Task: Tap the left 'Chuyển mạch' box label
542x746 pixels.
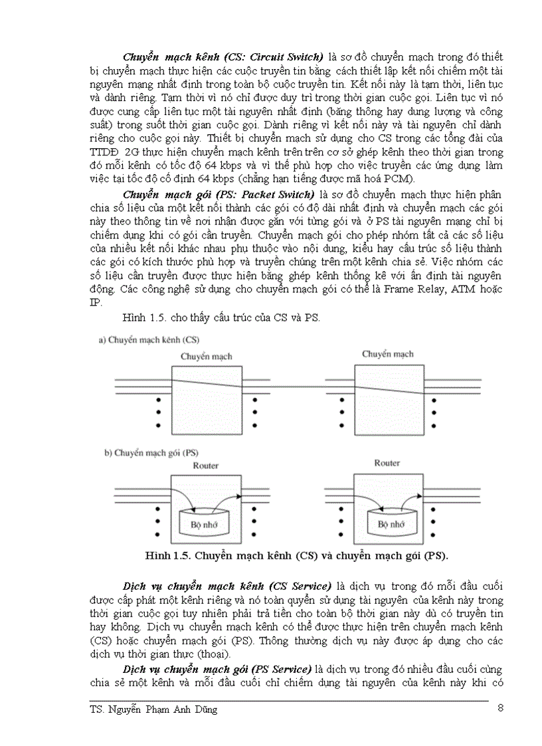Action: click(x=207, y=357)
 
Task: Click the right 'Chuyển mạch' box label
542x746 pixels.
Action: click(x=387, y=354)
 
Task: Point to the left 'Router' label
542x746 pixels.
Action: click(x=205, y=466)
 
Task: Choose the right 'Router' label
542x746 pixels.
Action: click(x=387, y=463)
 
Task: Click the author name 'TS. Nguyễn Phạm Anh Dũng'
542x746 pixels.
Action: click(x=153, y=710)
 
